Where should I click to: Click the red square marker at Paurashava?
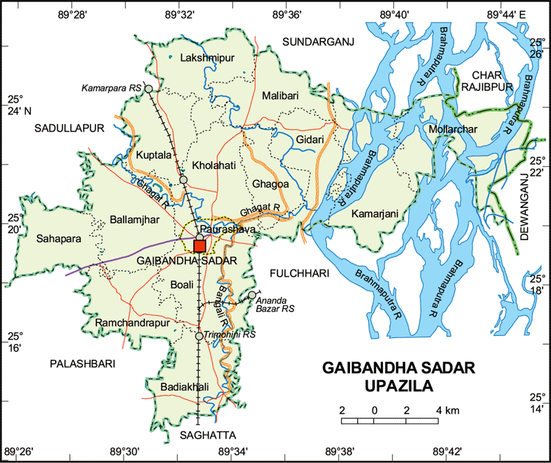(x=199, y=246)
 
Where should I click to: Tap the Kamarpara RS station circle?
(x=148, y=89)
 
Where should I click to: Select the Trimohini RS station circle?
(x=199, y=336)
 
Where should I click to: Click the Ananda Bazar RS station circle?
(x=252, y=295)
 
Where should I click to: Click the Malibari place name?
(x=280, y=95)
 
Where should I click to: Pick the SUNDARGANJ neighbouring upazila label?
(x=318, y=43)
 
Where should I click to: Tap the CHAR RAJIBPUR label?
(x=487, y=80)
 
